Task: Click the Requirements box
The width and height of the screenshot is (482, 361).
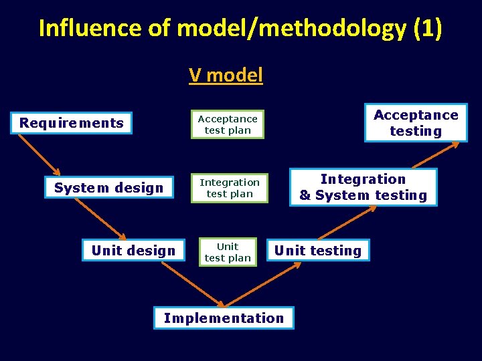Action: click(x=71, y=123)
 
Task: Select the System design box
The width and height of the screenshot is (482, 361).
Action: click(x=108, y=188)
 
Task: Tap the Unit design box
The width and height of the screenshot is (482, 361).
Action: click(x=133, y=251)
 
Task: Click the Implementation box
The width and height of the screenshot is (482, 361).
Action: click(x=224, y=318)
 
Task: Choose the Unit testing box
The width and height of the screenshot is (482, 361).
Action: click(x=318, y=251)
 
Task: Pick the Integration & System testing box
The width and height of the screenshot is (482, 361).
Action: click(x=363, y=187)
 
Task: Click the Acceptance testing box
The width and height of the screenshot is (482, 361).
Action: click(x=416, y=123)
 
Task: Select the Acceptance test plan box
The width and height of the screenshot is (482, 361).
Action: click(x=228, y=124)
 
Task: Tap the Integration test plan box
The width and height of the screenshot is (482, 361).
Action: click(x=230, y=188)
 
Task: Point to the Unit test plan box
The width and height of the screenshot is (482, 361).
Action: click(x=228, y=252)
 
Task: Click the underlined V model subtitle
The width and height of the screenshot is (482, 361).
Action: click(x=226, y=75)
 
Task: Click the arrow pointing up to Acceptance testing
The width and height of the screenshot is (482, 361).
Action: click(x=436, y=154)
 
